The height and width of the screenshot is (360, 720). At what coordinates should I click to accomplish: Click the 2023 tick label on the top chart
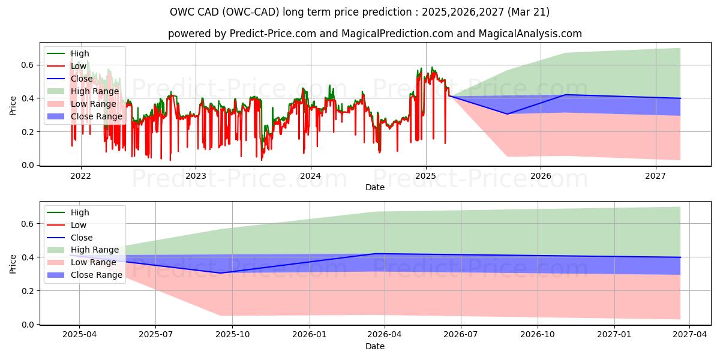point(196,176)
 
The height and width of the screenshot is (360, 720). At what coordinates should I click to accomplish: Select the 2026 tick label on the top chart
point(541,176)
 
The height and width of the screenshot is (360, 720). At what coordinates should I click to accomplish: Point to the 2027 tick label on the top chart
point(656,176)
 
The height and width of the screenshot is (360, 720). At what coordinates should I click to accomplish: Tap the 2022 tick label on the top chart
point(80,176)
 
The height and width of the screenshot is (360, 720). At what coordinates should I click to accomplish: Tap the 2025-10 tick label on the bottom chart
point(232,335)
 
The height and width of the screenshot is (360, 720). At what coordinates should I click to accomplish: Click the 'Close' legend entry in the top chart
point(82,79)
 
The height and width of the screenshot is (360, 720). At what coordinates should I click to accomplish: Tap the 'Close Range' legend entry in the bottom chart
point(97,275)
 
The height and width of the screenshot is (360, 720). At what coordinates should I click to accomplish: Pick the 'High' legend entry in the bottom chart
point(80,212)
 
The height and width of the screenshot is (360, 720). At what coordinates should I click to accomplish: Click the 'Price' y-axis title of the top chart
point(13,106)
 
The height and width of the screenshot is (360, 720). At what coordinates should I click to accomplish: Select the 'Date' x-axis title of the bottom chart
point(375,346)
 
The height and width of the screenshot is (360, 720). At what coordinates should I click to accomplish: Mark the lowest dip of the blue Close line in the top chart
point(507,114)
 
